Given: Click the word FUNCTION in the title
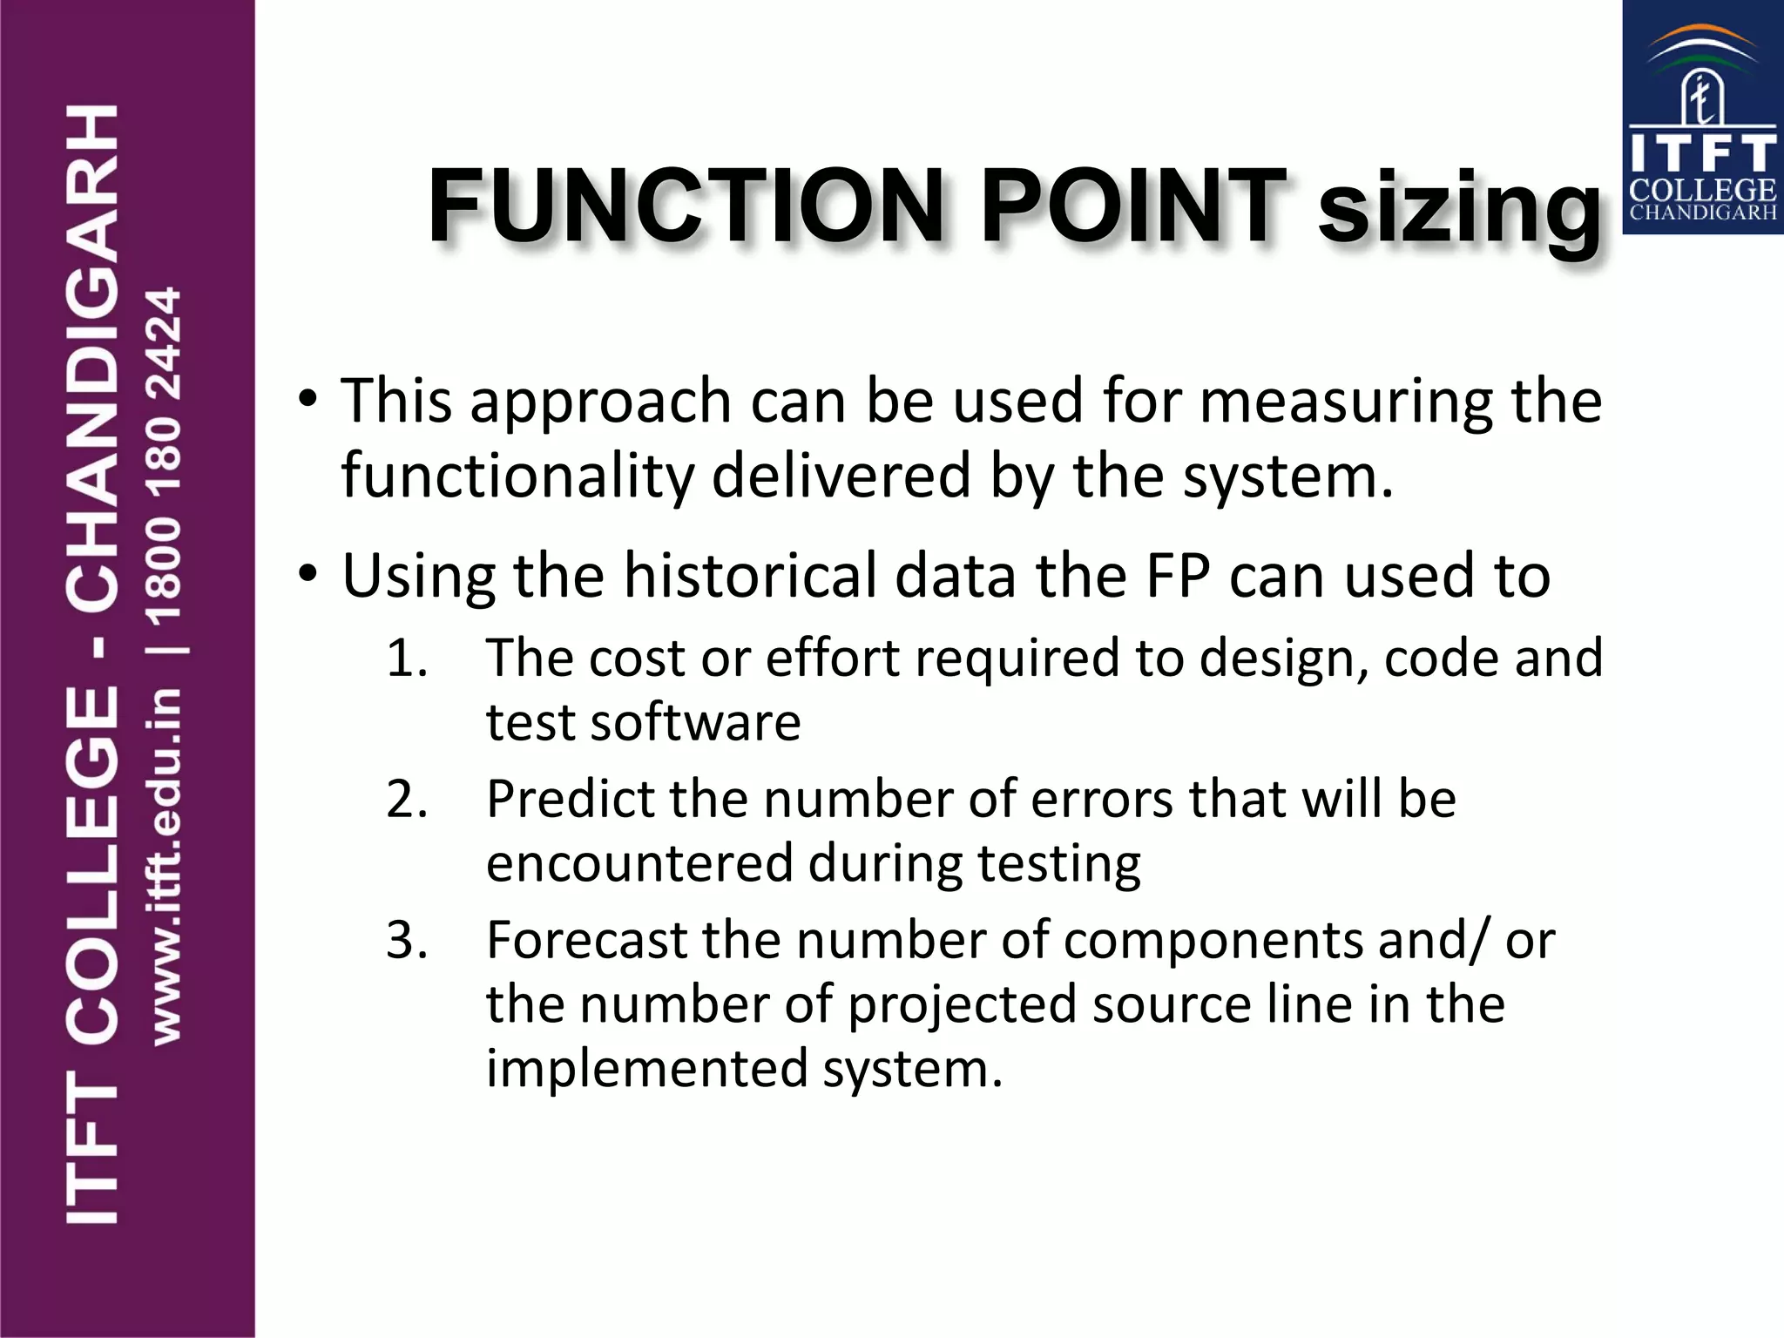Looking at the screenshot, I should [x=686, y=206].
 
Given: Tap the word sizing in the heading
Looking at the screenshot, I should [x=1459, y=209].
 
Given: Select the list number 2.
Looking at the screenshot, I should [x=407, y=799].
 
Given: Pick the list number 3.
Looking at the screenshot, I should [x=407, y=940].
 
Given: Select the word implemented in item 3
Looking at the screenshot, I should [x=645, y=1069].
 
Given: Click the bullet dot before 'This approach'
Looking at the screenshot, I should [x=307, y=401].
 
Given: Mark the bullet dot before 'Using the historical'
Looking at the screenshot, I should [x=307, y=575].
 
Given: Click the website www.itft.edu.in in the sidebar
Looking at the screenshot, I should [x=166, y=867].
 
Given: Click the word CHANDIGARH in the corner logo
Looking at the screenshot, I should [x=1702, y=213].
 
